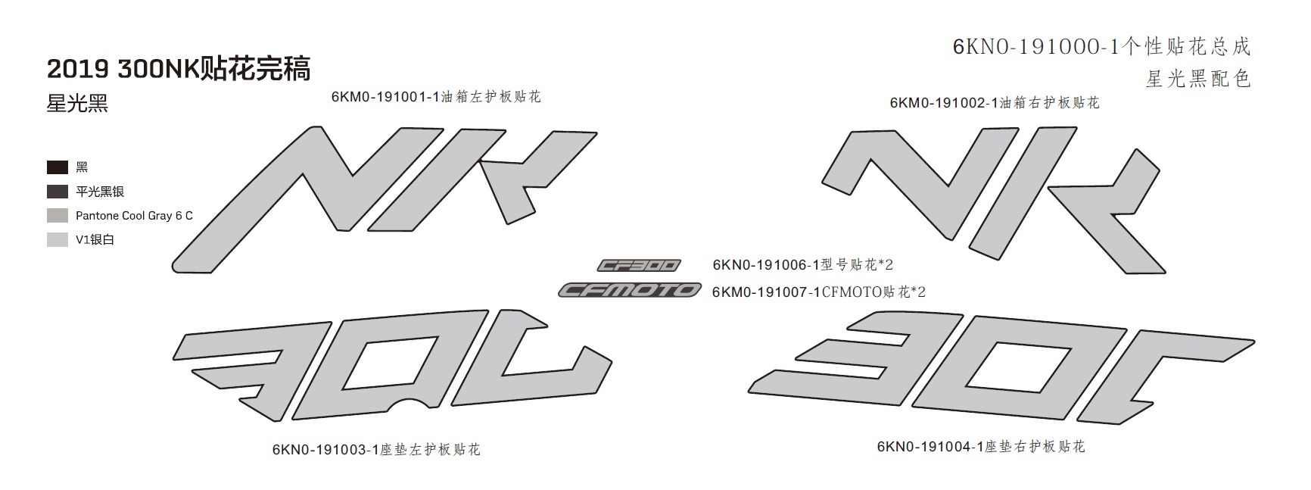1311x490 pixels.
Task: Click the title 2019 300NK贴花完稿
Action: pyautogui.click(x=179, y=69)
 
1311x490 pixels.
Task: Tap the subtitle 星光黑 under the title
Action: pyautogui.click(x=77, y=104)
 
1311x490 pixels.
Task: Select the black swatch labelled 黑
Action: pyautogui.click(x=58, y=167)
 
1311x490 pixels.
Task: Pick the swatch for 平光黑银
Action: pyautogui.click(x=58, y=192)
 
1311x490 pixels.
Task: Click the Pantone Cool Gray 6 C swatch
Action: pyautogui.click(x=58, y=216)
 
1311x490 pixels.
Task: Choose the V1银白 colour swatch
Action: pyautogui.click(x=58, y=240)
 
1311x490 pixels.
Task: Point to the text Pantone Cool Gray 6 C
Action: pyautogui.click(x=134, y=216)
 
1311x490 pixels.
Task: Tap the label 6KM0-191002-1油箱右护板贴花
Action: pyautogui.click(x=995, y=102)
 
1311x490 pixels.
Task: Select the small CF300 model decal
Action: pyautogui.click(x=639, y=265)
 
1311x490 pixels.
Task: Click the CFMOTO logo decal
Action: pyautogui.click(x=630, y=290)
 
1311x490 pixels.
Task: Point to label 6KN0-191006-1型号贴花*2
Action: pyautogui.click(x=803, y=264)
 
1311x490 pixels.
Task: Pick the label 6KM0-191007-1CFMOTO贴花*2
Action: pyautogui.click(x=819, y=292)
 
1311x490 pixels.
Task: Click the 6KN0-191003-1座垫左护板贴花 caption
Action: pyautogui.click(x=376, y=449)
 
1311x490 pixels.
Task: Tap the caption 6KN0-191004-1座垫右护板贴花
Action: pyautogui.click(x=981, y=447)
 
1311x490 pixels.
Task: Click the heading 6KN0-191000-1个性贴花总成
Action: pyautogui.click(x=1101, y=47)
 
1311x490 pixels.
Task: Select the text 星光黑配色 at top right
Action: pyautogui.click(x=1198, y=78)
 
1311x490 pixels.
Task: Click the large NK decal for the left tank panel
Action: pyautogui.click(x=385, y=199)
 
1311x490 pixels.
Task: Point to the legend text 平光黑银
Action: pyautogui.click(x=100, y=192)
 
